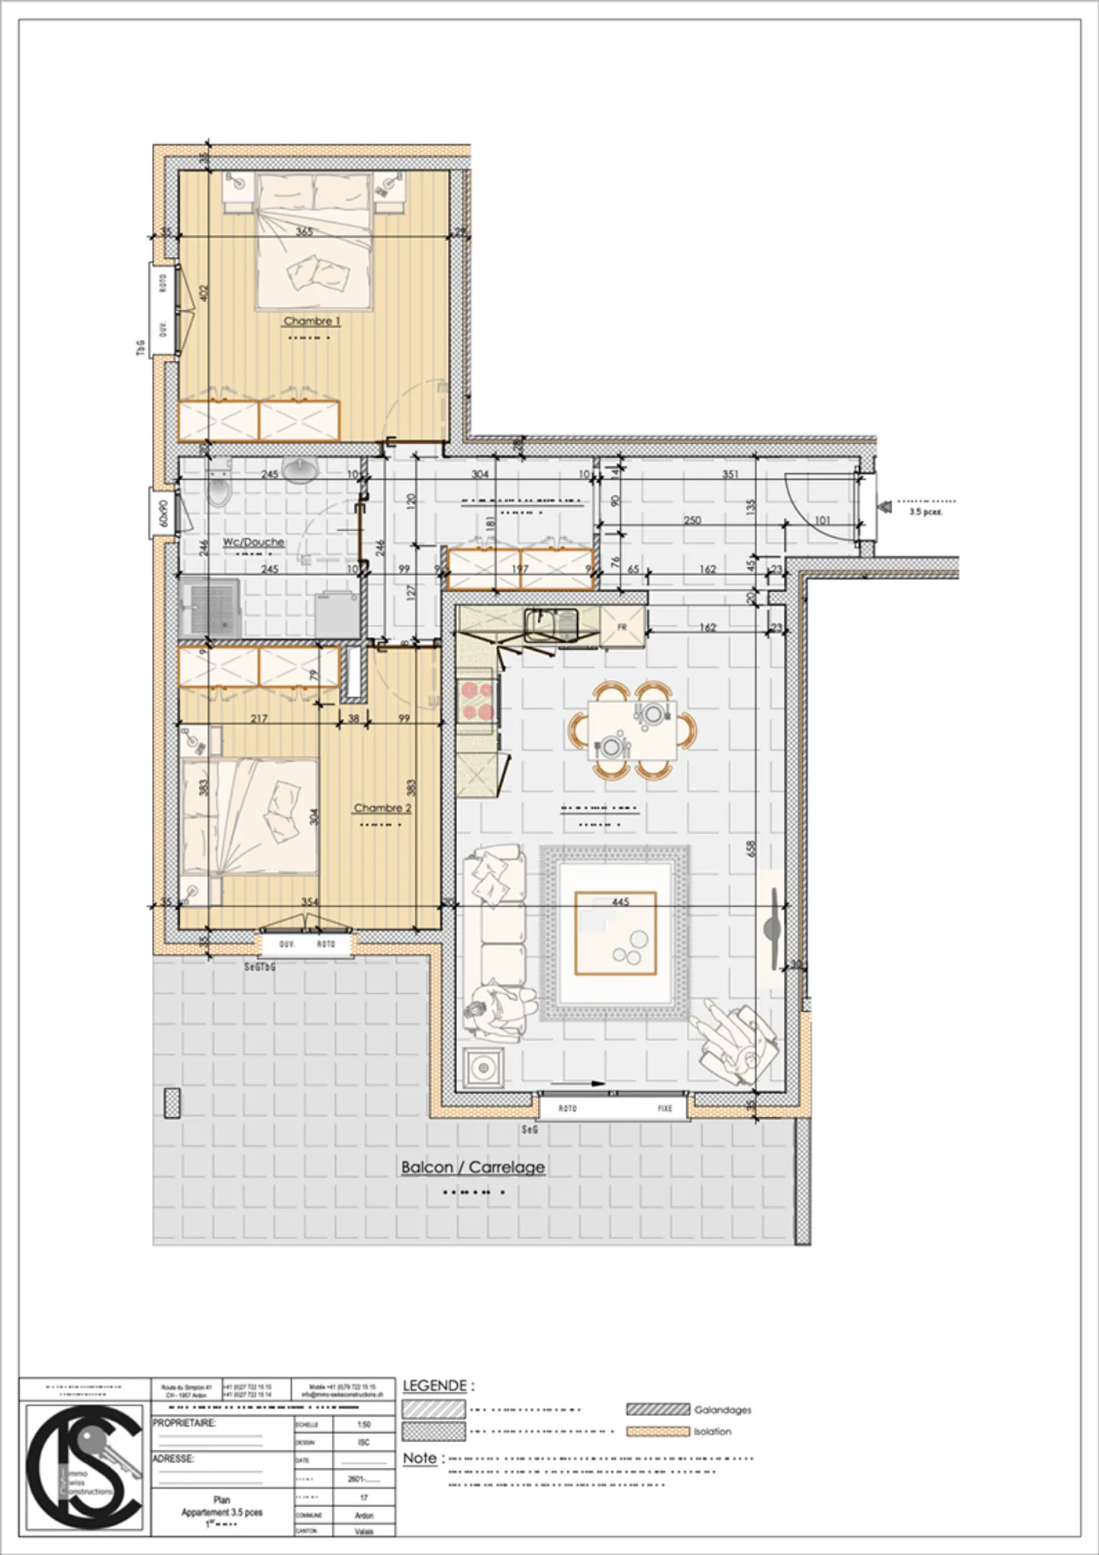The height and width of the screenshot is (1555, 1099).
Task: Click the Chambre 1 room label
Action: tap(312, 321)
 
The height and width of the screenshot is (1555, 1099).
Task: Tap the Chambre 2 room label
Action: tap(382, 808)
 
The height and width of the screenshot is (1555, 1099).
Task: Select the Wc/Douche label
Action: tap(254, 542)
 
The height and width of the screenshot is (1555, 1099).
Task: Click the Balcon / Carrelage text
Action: tap(473, 1167)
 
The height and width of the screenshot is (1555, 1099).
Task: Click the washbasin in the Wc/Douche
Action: tap(301, 470)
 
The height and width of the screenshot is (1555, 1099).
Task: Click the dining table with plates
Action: tap(632, 731)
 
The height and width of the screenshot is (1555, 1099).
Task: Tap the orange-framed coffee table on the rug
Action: tap(615, 933)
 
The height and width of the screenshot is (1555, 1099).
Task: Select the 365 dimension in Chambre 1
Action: tap(304, 232)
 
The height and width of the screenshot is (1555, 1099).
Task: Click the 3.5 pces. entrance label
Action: tap(926, 512)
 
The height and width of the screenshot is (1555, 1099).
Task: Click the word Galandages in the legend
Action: tap(722, 1409)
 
